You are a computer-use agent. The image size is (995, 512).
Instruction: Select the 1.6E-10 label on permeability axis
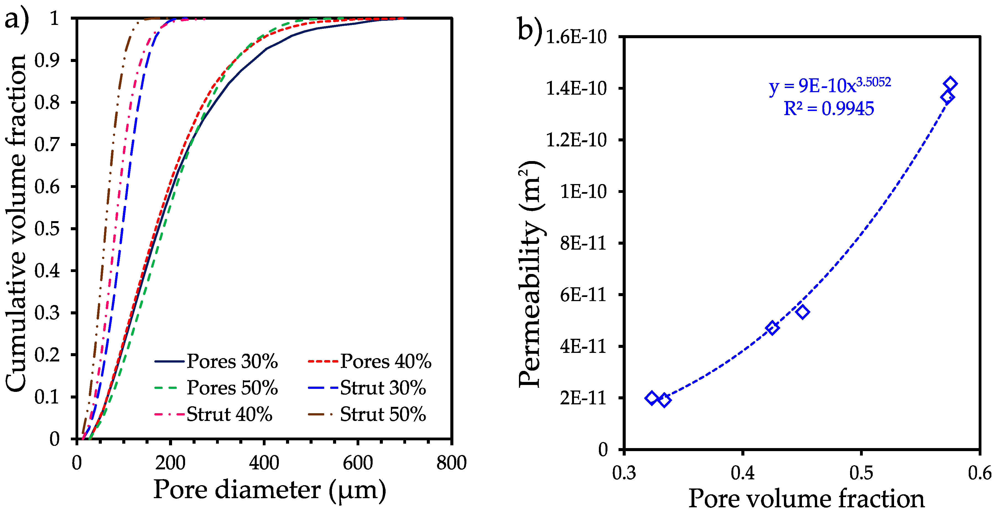tap(576, 37)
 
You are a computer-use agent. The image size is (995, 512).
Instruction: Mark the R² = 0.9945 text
tap(828, 108)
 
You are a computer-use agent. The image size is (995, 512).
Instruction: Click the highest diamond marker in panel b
tap(950, 84)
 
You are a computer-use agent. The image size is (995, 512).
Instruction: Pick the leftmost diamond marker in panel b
tap(652, 398)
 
